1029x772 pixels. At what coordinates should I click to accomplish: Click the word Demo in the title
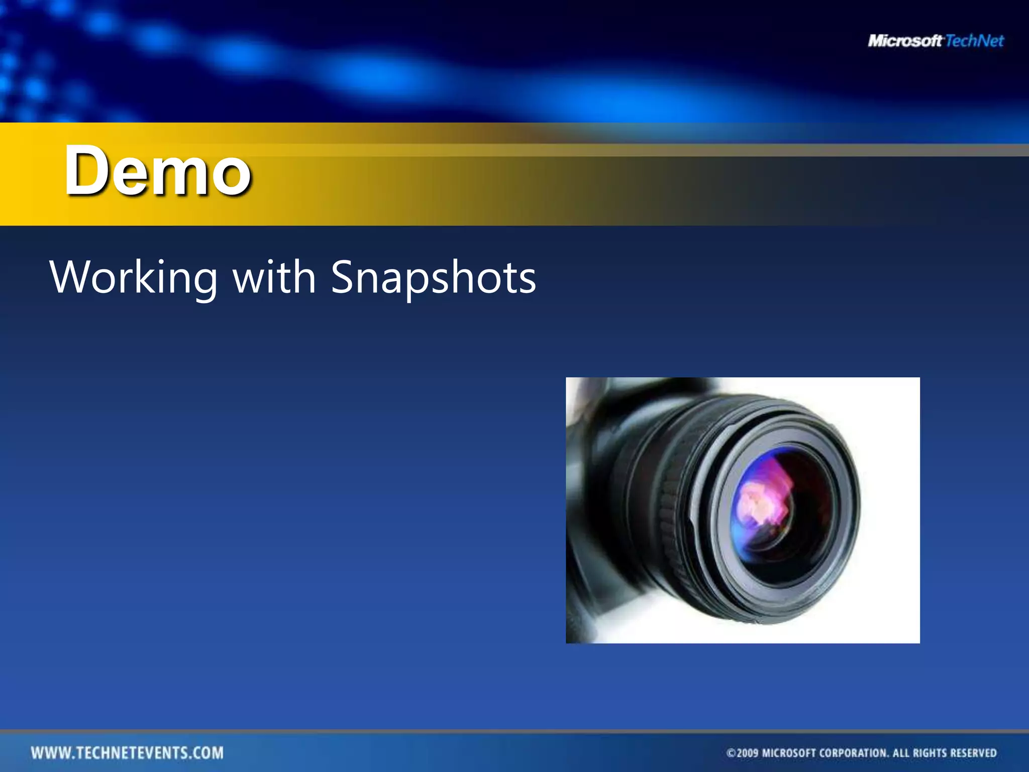(157, 171)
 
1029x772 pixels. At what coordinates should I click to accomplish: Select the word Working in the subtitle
(134, 277)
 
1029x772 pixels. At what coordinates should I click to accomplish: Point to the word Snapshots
(434, 277)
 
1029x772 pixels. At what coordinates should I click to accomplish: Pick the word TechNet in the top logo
(974, 41)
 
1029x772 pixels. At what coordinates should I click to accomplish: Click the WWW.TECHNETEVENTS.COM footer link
(127, 753)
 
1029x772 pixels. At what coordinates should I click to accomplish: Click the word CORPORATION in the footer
(854, 753)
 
